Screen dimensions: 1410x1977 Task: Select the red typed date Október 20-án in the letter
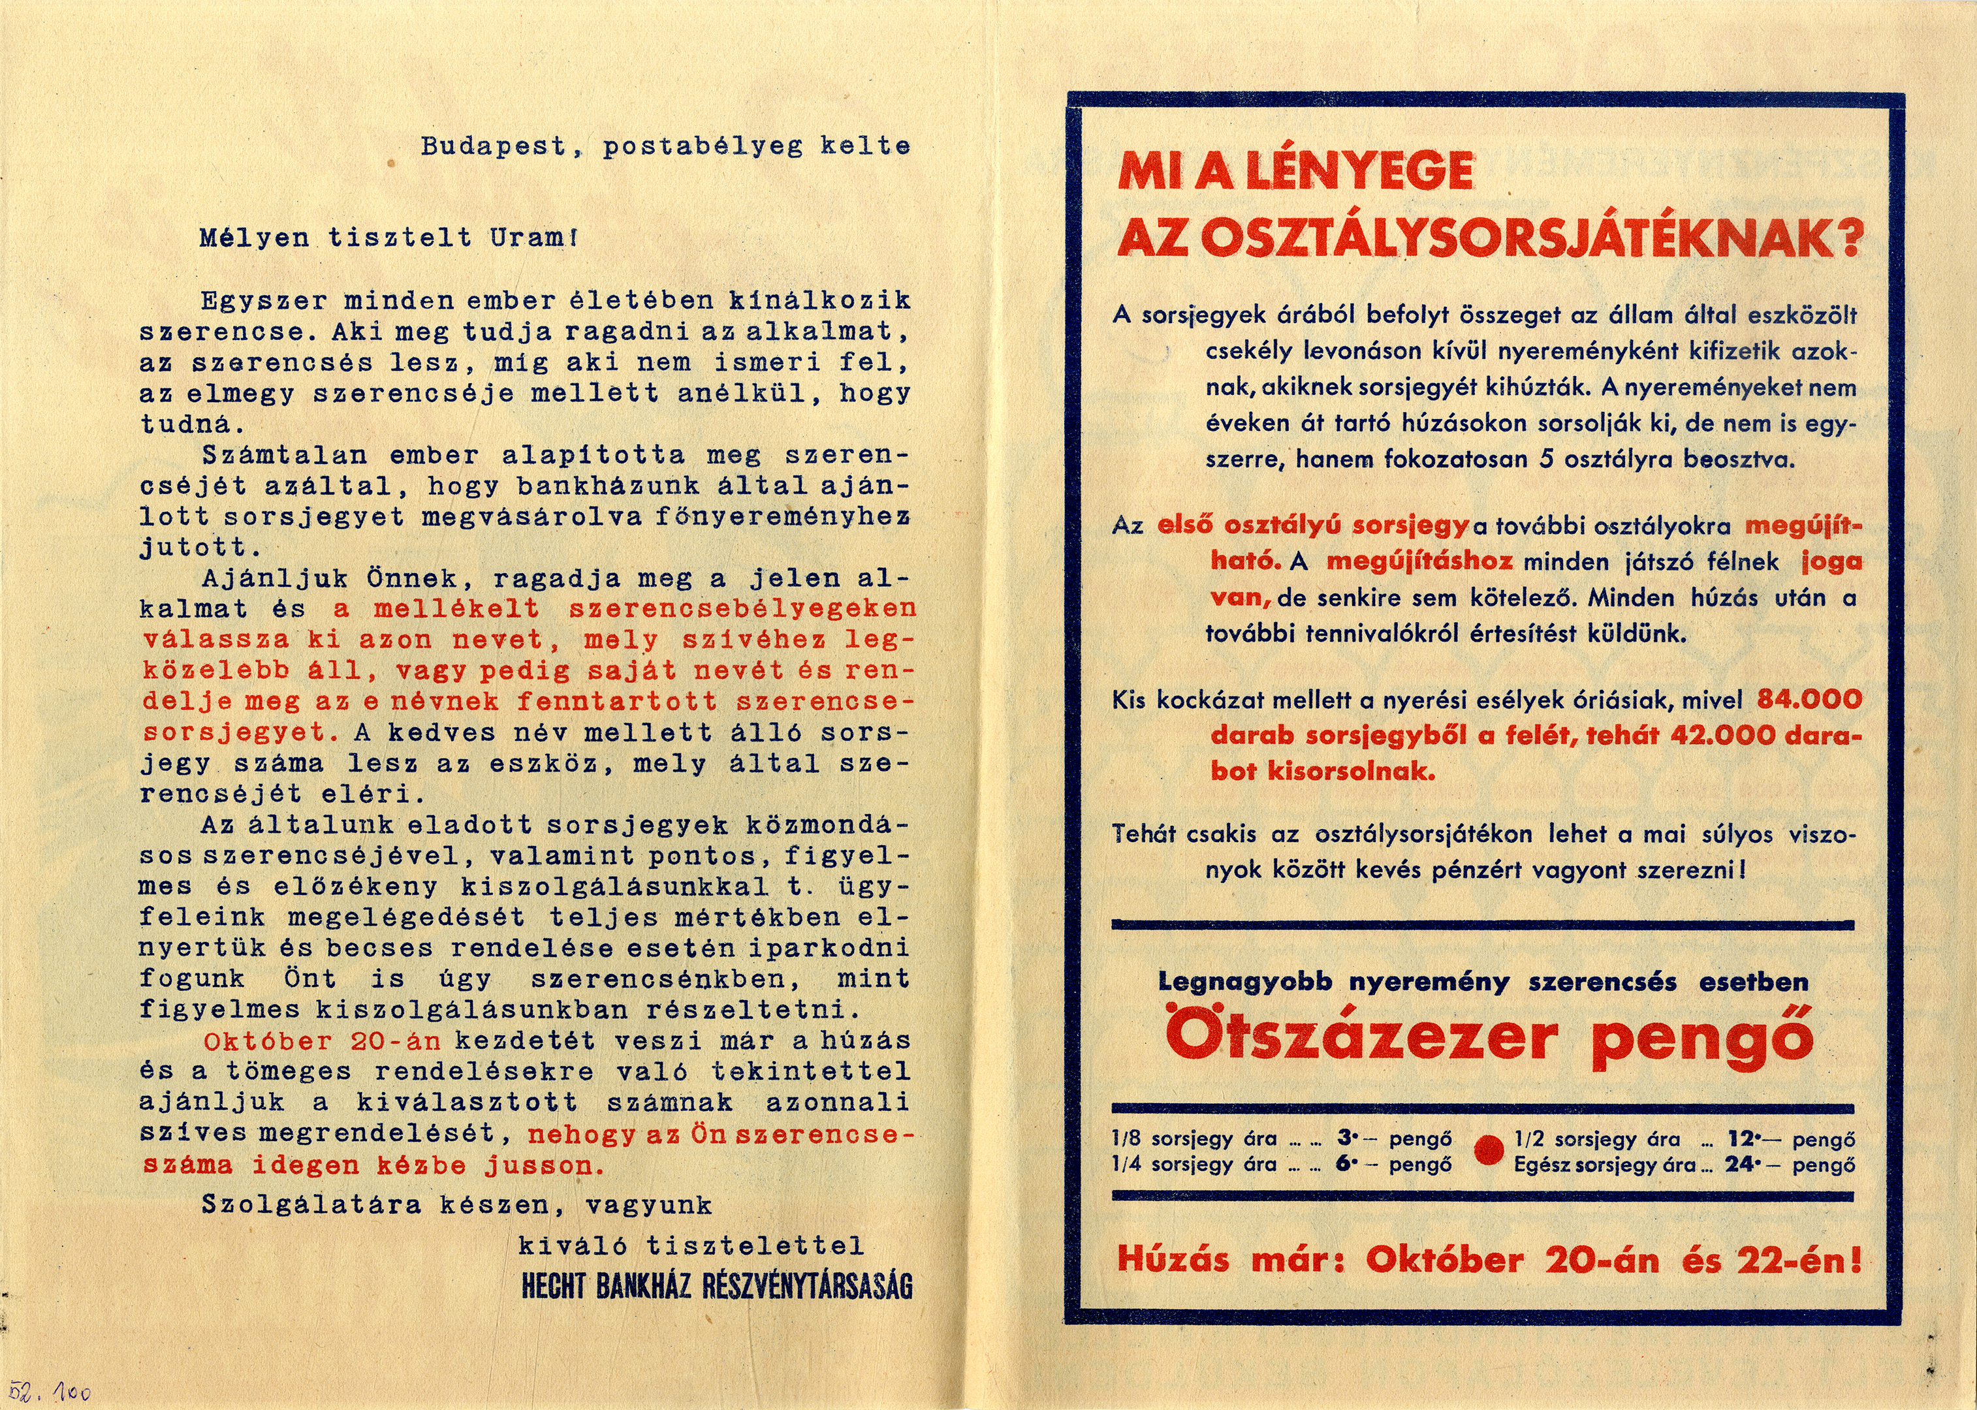pos(321,1041)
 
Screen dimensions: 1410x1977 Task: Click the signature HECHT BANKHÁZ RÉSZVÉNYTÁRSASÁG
pos(716,1287)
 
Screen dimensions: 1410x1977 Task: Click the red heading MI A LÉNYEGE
pos(1293,171)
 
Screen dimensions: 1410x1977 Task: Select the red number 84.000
pos(1809,699)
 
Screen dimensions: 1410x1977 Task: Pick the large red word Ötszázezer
pos(1359,1037)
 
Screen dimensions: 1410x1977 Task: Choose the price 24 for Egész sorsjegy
pos(1740,1165)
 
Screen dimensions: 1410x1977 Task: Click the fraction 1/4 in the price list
pos(1126,1165)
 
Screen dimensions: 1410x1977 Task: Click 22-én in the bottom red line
pos(1799,1260)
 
